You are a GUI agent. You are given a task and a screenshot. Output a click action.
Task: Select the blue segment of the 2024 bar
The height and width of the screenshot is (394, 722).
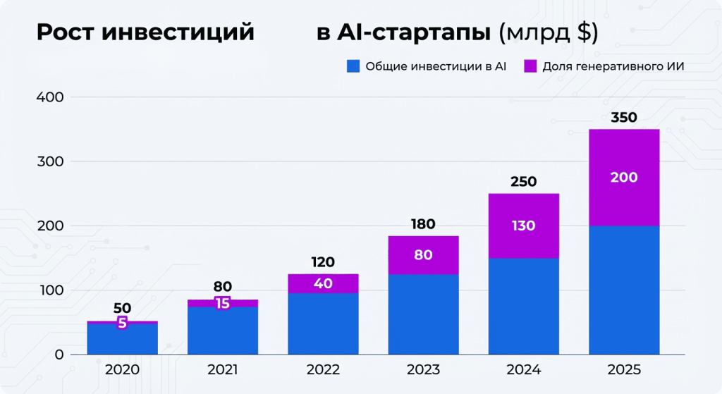point(524,307)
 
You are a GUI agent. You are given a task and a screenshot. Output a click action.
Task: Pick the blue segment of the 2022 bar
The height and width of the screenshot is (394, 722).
point(323,324)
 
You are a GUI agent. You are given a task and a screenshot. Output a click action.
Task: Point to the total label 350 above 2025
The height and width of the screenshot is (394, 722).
point(624,118)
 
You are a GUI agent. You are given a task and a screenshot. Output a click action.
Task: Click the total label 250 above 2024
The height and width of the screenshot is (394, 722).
point(524,182)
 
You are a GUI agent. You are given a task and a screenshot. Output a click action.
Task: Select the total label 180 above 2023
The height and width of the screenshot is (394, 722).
point(423,225)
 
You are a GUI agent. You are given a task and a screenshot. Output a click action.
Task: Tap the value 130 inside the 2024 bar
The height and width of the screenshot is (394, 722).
point(524,226)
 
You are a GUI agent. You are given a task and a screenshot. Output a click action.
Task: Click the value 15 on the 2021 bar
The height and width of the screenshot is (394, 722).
point(223,304)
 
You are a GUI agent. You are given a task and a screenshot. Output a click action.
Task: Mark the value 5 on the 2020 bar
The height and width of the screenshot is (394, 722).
point(122,324)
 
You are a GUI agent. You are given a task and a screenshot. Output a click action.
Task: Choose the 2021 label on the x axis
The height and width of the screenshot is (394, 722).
point(223,370)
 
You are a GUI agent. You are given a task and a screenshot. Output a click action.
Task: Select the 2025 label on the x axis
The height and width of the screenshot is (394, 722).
point(624,370)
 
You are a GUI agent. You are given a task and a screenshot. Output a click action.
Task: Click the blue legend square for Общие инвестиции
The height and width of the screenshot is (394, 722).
point(353,66)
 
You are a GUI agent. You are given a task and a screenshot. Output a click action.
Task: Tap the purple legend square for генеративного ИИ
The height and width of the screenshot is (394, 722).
point(531,66)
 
